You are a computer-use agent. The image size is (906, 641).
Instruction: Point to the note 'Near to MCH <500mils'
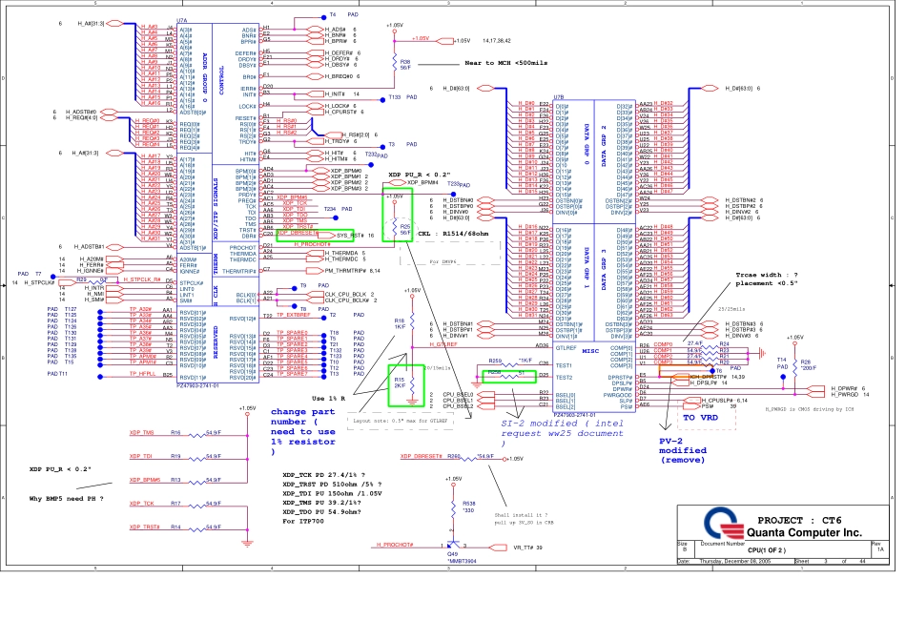coord(505,62)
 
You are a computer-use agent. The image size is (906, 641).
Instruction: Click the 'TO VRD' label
coord(701,417)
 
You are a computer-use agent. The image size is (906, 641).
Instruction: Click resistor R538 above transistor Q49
coord(468,505)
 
